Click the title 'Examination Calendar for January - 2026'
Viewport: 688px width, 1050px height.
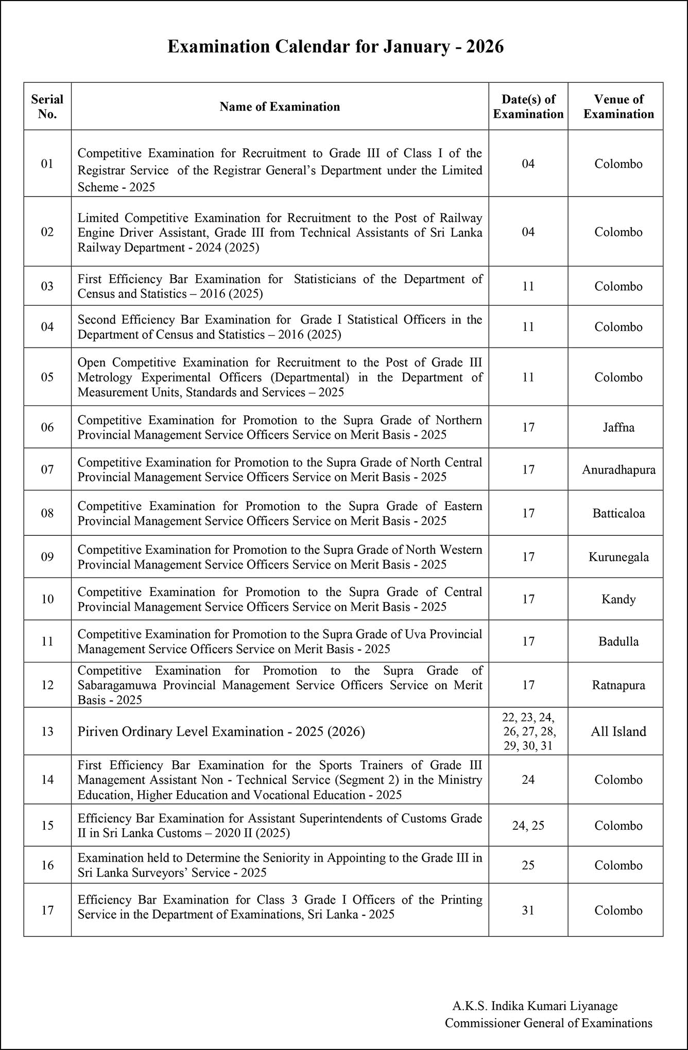point(336,47)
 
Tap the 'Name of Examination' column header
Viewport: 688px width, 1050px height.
point(280,107)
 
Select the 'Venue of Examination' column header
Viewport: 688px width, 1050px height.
point(618,107)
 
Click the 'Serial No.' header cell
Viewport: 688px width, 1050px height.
point(47,107)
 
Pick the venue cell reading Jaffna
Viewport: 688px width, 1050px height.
point(618,427)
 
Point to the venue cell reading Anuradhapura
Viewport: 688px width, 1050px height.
point(618,469)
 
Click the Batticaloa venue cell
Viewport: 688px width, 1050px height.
point(618,513)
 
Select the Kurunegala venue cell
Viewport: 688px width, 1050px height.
point(618,557)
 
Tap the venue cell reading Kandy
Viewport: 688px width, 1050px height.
point(618,599)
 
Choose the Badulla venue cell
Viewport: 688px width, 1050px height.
point(618,641)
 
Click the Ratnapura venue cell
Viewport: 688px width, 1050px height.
point(618,685)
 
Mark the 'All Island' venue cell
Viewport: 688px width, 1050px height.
point(618,731)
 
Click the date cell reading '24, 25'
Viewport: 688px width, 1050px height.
point(528,826)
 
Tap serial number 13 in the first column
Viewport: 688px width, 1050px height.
point(47,731)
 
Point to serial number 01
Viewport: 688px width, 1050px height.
point(47,164)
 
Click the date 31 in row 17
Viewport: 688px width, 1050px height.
point(528,911)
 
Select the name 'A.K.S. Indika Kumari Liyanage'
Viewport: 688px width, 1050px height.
point(535,1006)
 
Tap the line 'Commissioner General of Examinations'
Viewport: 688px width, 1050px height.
point(548,1023)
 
